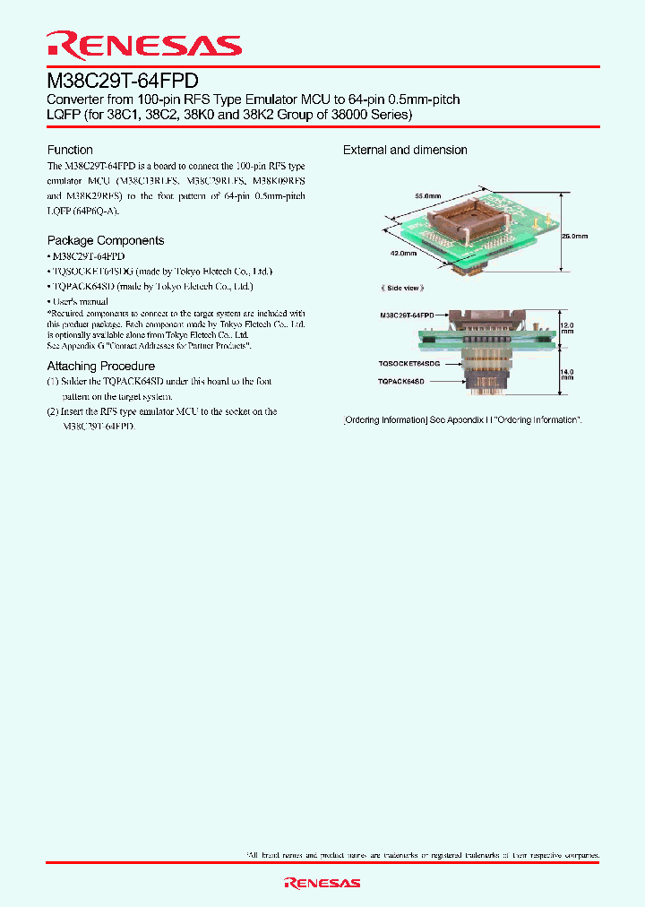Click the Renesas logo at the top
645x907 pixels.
[143, 45]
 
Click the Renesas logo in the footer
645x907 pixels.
[322, 883]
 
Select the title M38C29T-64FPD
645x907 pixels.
[122, 79]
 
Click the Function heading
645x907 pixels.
[70, 150]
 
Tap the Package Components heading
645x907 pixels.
[106, 240]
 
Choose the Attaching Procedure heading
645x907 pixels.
[101, 366]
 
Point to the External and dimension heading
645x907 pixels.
[405, 150]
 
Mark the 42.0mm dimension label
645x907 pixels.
[403, 254]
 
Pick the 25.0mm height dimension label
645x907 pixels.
[574, 237]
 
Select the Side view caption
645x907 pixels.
[402, 288]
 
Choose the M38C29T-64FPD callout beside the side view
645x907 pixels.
[407, 315]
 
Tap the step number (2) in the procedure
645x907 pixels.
[54, 411]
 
